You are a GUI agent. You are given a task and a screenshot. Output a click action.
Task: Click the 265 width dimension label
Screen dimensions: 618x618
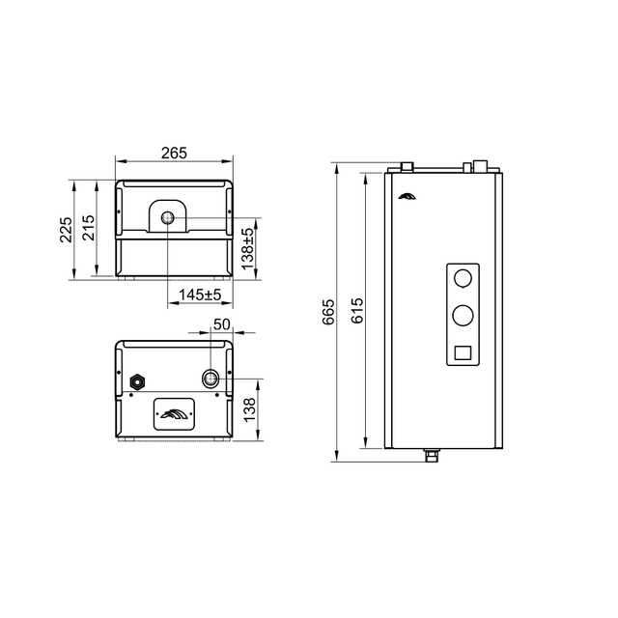[174, 153]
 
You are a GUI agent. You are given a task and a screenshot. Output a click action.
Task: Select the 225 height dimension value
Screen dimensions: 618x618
[66, 230]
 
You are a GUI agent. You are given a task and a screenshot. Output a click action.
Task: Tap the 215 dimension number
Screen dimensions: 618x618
[88, 228]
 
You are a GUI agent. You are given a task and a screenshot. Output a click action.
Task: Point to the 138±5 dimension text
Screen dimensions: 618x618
[248, 249]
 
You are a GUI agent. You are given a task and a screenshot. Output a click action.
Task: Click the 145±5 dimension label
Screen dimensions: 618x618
[200, 295]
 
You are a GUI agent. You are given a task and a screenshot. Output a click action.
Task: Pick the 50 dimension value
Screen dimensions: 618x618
[221, 324]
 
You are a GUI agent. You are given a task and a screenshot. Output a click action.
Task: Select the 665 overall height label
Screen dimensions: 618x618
[328, 312]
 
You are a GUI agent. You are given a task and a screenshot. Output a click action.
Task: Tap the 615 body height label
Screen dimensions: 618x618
[357, 311]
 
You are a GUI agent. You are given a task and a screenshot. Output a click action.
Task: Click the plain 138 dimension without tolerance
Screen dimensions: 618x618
[249, 409]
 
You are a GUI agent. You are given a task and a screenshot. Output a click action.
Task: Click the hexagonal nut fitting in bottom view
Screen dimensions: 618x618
[137, 381]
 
